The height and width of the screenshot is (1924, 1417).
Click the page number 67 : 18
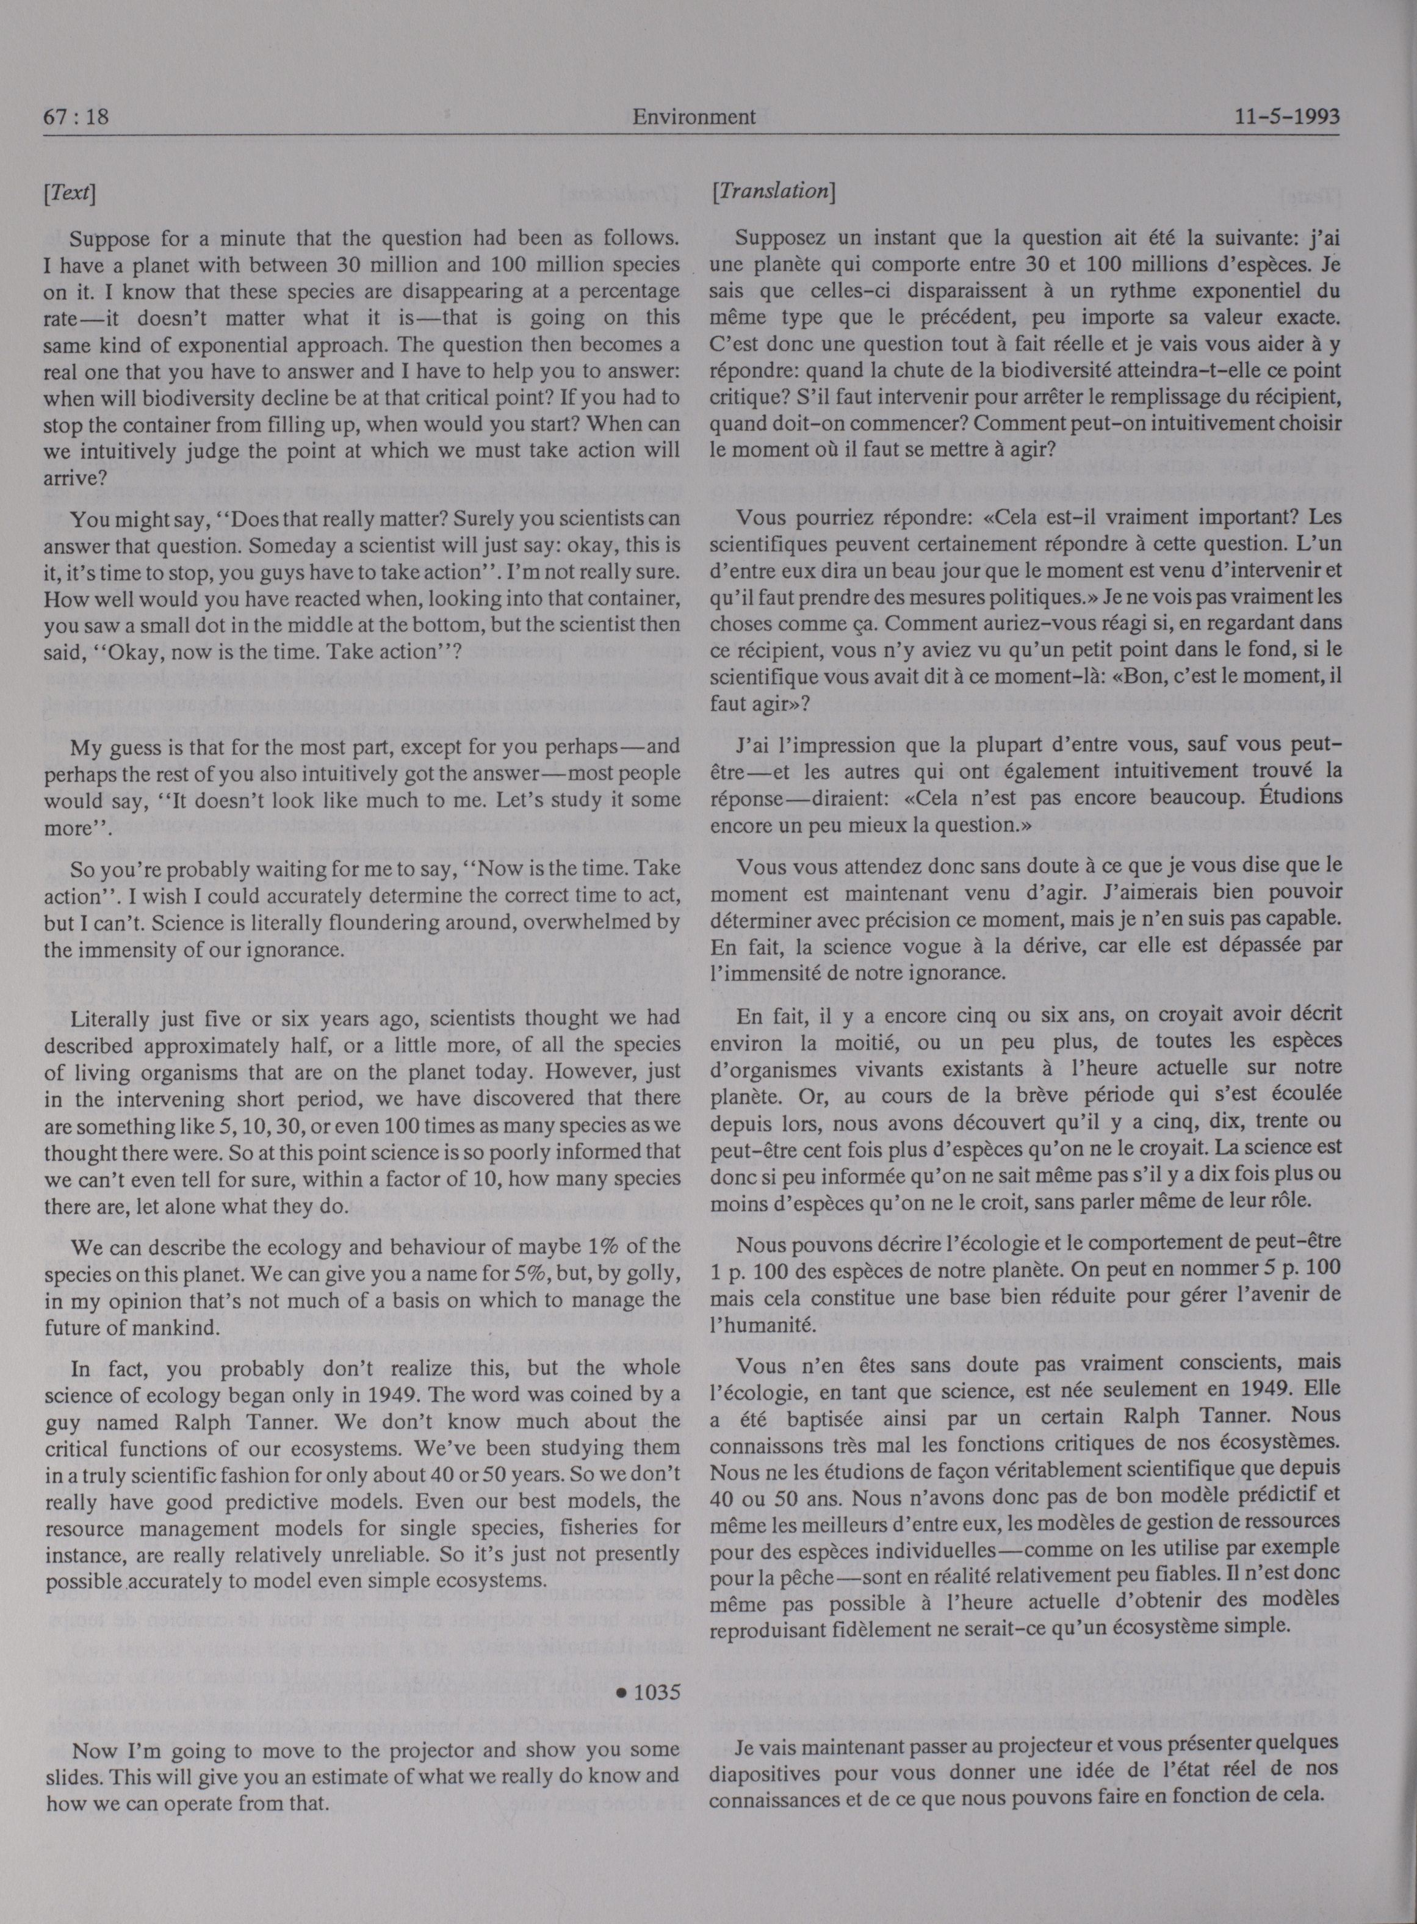pos(76,117)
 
